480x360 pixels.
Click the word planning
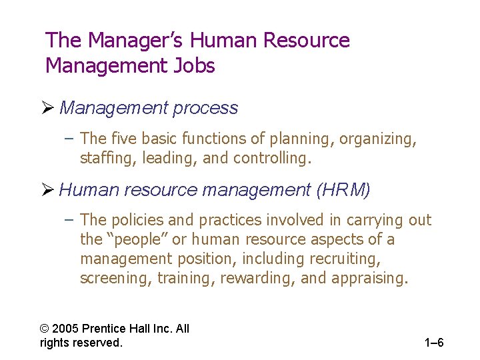pyautogui.click(x=301, y=139)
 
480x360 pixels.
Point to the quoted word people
pyautogui.click(x=138, y=239)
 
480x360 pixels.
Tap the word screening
pyautogui.click(x=115, y=277)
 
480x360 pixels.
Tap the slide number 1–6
pyautogui.click(x=434, y=343)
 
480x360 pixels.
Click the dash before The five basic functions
pyautogui.click(x=70, y=139)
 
